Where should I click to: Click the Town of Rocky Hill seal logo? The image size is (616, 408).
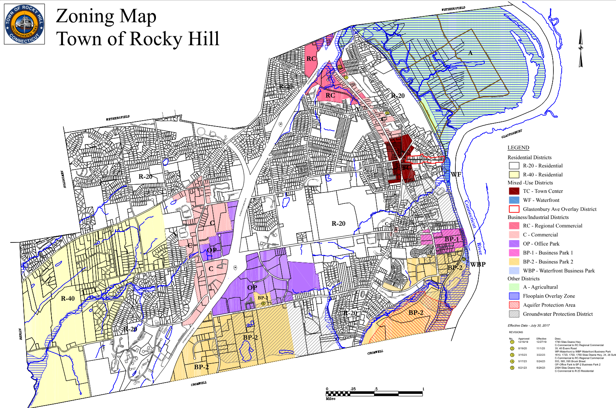pos(24,24)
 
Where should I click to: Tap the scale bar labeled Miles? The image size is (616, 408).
pos(374,394)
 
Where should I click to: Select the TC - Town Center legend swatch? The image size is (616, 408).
pos(514,191)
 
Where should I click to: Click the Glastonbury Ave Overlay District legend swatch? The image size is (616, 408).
pos(514,209)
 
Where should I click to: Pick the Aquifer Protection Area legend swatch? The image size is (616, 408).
pos(514,305)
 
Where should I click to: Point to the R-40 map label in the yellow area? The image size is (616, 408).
pos(68,299)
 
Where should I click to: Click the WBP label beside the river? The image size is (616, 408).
pos(478,264)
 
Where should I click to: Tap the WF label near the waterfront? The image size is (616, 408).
pos(456,175)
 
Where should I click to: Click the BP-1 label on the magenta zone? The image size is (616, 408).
pos(452,239)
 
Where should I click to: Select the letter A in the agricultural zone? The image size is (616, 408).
pos(471,53)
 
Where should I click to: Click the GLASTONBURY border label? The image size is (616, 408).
pos(512,134)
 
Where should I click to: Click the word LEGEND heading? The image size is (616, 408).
pos(518,148)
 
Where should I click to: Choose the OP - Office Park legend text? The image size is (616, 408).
pos(541,244)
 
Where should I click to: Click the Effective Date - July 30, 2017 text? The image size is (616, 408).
pos(528,325)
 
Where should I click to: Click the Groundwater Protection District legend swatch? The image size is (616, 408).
pos(514,314)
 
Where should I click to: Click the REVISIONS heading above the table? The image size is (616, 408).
pos(516,332)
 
